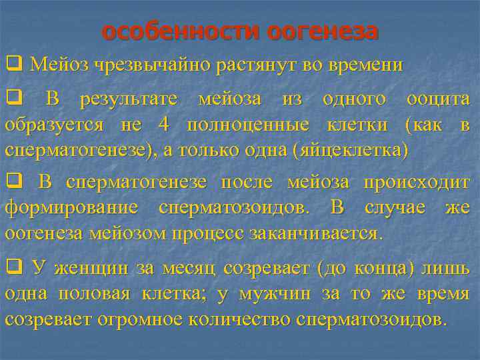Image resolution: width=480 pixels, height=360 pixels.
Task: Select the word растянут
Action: coord(235,65)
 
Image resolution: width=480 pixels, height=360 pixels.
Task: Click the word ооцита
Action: coord(438,100)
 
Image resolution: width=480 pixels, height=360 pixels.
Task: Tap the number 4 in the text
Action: coord(164,125)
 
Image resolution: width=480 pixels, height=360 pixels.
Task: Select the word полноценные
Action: coord(248,125)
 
